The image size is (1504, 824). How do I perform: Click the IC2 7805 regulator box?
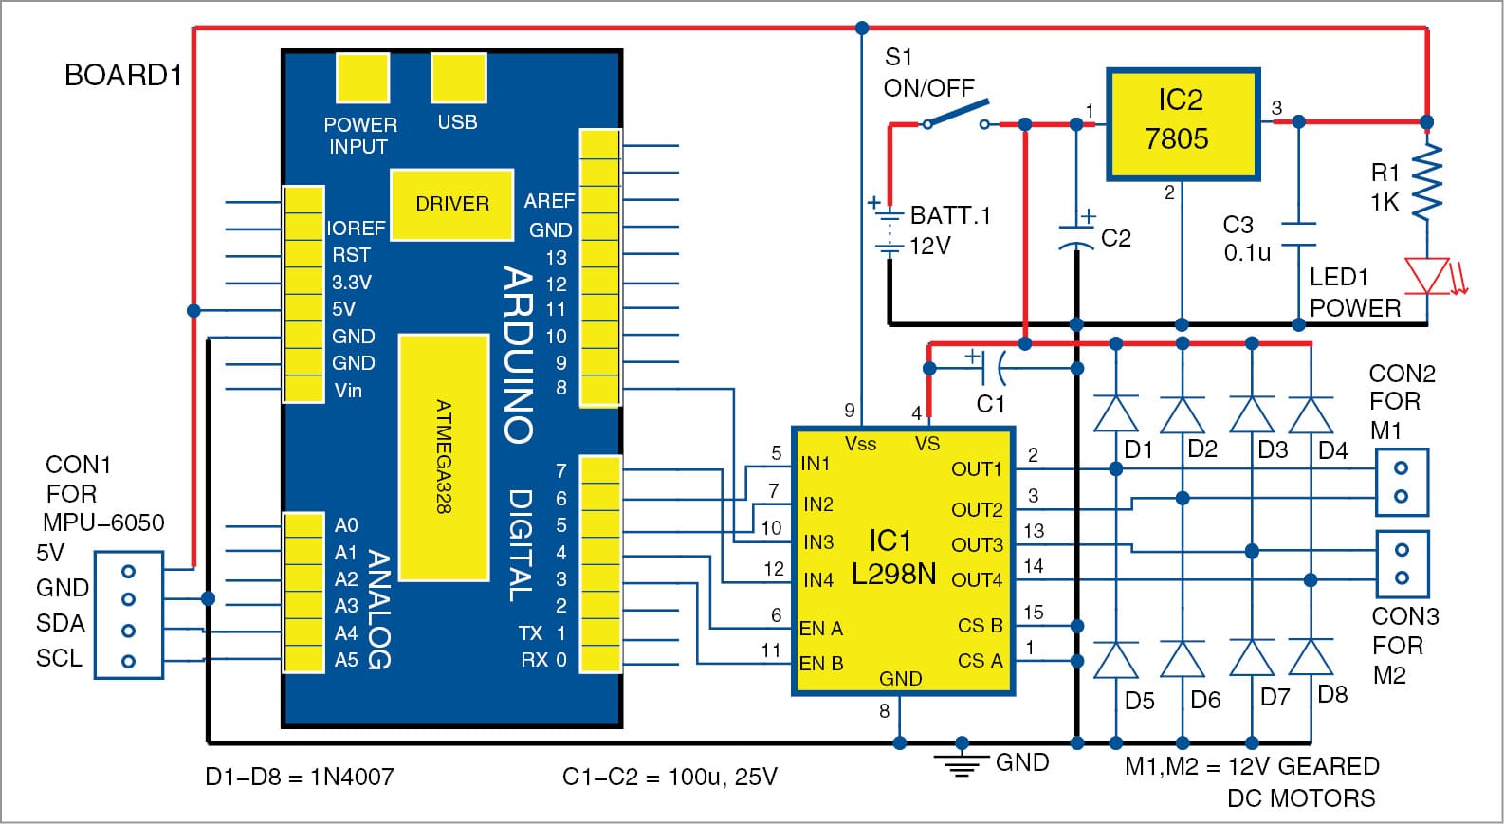click(x=1183, y=123)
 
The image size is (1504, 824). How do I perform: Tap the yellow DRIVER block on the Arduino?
click(x=451, y=204)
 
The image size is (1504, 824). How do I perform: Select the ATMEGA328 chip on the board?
click(x=443, y=457)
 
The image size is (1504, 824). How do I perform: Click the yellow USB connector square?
click(x=458, y=78)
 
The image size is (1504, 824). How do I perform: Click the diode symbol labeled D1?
click(x=1116, y=414)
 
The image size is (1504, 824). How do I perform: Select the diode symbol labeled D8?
click(x=1311, y=658)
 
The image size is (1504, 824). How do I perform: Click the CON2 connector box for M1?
click(x=1402, y=482)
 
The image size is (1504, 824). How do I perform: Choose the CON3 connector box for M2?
click(x=1402, y=563)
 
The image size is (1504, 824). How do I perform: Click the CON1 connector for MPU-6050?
click(x=129, y=615)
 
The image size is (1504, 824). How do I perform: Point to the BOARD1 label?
click(x=122, y=76)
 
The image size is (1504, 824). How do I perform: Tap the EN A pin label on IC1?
click(x=820, y=629)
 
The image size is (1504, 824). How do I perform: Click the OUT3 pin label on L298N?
click(x=977, y=545)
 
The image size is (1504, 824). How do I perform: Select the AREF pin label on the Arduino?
click(x=549, y=201)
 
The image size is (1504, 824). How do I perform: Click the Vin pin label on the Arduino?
click(x=348, y=390)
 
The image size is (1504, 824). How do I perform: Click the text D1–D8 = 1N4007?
click(x=299, y=778)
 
